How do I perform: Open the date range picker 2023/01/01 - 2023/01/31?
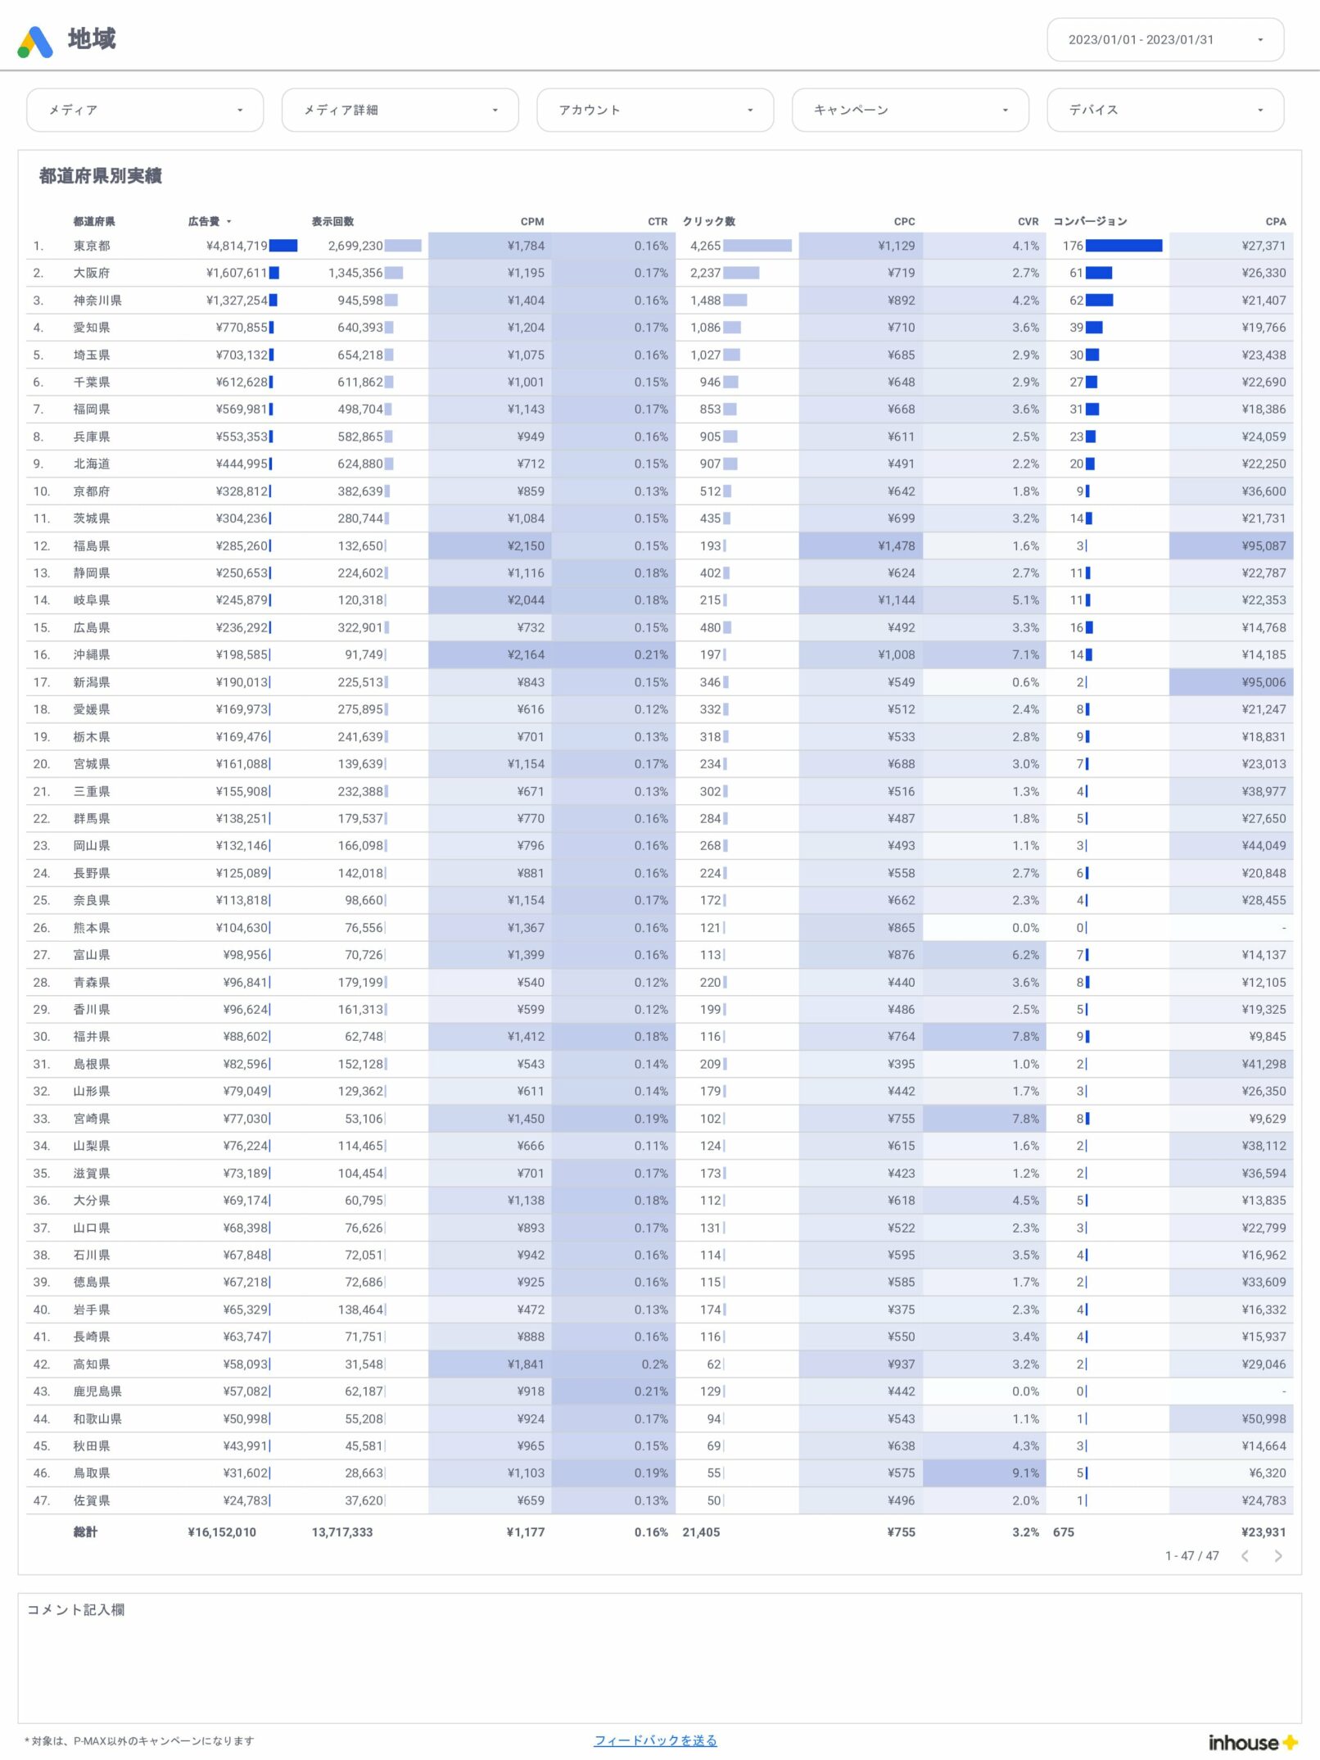1164,40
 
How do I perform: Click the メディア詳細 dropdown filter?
400,110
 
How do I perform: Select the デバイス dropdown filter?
1164,110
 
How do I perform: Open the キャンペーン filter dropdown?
910,110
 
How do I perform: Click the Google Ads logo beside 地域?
35,42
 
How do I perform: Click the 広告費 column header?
204,221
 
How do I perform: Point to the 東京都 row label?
92,246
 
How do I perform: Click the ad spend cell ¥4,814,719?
237,246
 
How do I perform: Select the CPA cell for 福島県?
1263,545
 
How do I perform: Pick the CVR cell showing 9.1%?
1025,1473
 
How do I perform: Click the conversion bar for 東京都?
1123,246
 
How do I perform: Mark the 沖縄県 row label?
92,654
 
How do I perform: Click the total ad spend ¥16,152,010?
222,1532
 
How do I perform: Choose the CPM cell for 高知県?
525,1364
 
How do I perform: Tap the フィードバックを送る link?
655,1740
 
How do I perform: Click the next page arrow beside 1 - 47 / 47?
1278,1555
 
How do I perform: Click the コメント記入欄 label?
76,1609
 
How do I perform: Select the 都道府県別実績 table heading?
100,176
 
